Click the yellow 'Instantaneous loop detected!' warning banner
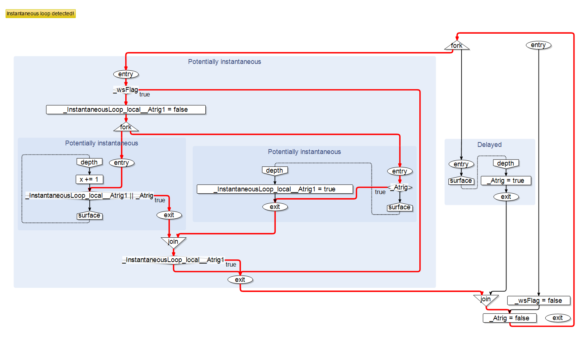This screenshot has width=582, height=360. tap(40, 13)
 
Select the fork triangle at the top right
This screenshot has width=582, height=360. tap(457, 46)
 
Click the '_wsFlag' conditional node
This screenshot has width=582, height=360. tap(126, 90)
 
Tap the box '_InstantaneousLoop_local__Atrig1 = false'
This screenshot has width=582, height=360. tap(126, 110)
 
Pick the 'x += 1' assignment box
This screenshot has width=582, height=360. tap(89, 179)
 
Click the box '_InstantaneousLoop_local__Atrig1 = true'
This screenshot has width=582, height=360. tap(275, 189)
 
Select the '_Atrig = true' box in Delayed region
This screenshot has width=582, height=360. tap(506, 181)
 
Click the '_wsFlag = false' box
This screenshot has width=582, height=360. tap(539, 301)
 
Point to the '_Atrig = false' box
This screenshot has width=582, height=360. tap(509, 318)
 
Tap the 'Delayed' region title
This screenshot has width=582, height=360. tap(489, 145)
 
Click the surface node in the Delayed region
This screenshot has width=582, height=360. tap(461, 181)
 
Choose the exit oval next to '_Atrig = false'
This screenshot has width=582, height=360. tap(557, 318)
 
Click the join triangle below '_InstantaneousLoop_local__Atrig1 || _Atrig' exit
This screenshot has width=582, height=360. tap(173, 241)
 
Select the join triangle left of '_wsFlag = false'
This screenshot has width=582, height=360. tap(485, 299)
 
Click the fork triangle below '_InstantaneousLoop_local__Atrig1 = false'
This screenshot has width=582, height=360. tap(126, 127)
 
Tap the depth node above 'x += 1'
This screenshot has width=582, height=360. tap(89, 162)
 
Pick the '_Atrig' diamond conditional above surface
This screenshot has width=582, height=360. tap(400, 187)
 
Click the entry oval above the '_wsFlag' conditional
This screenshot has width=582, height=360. tap(126, 74)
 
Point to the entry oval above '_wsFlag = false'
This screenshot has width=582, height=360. tap(538, 45)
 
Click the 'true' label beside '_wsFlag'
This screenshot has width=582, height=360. tap(144, 95)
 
